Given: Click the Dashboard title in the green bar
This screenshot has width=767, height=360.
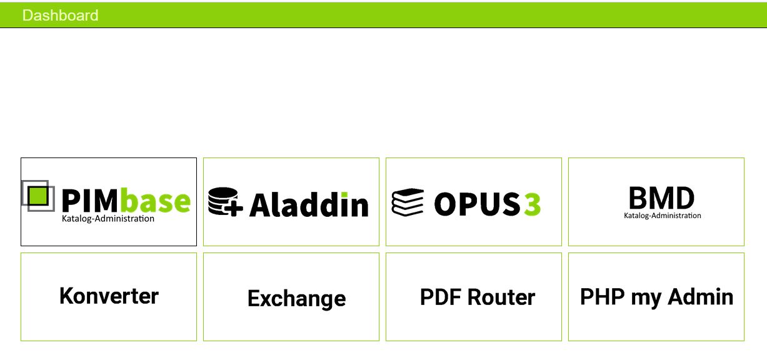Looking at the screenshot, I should coord(60,15).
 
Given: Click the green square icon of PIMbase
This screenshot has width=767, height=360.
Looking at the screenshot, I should coord(38,195).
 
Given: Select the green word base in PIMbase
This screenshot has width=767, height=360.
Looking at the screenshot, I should coord(155,202).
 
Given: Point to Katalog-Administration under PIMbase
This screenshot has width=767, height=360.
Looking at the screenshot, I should coord(108,219).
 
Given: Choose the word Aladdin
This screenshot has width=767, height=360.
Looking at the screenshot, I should coord(309,205).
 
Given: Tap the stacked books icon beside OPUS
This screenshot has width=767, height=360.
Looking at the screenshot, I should coord(408,202).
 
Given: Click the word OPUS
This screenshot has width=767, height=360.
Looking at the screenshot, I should coord(476,204).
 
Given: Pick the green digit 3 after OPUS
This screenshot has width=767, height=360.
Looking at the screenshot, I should coord(532,204).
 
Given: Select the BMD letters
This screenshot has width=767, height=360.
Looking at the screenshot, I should coord(661,198).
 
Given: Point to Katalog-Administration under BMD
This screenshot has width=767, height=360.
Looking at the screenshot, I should coord(662,216).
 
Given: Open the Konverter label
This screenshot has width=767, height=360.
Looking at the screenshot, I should coord(109,296).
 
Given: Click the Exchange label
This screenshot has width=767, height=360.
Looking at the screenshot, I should coord(296,298).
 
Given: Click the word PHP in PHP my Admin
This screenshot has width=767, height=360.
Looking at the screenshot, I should coord(601,297).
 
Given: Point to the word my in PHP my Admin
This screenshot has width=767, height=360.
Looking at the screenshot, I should coord(646,298).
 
